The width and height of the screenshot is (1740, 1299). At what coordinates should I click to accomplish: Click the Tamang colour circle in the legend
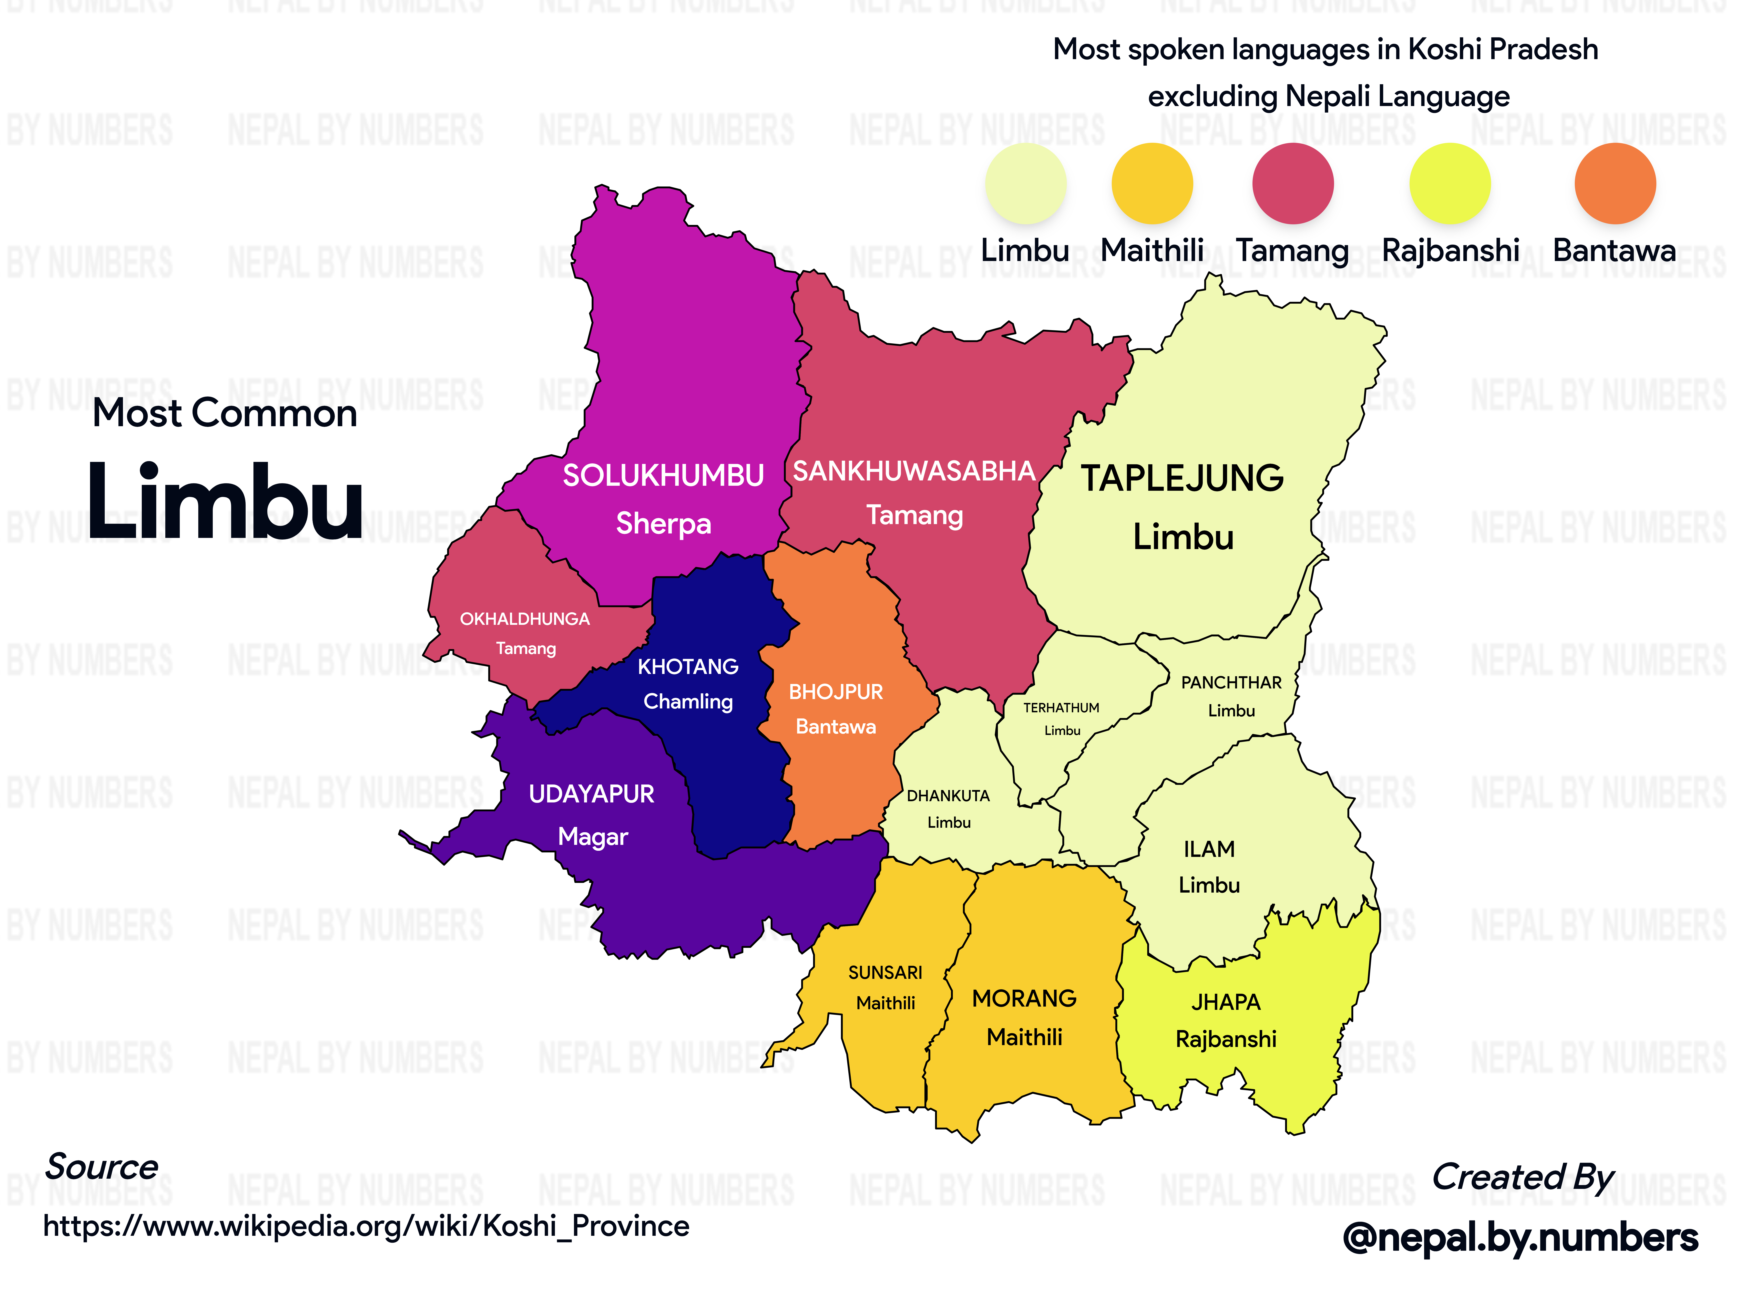[x=1292, y=183]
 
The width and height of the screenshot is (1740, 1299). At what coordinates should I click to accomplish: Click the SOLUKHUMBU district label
[x=663, y=475]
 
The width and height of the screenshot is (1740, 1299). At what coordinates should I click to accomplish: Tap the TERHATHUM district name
[x=1061, y=708]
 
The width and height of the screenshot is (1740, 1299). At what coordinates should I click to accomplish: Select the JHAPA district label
[x=1226, y=1002]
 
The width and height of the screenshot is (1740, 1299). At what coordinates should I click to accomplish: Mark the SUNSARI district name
[x=885, y=973]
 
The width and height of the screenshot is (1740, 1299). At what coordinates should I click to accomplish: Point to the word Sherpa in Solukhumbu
[x=663, y=524]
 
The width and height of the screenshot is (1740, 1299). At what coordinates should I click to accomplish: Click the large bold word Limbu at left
[x=224, y=502]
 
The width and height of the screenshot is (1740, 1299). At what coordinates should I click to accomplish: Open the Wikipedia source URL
[x=366, y=1226]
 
